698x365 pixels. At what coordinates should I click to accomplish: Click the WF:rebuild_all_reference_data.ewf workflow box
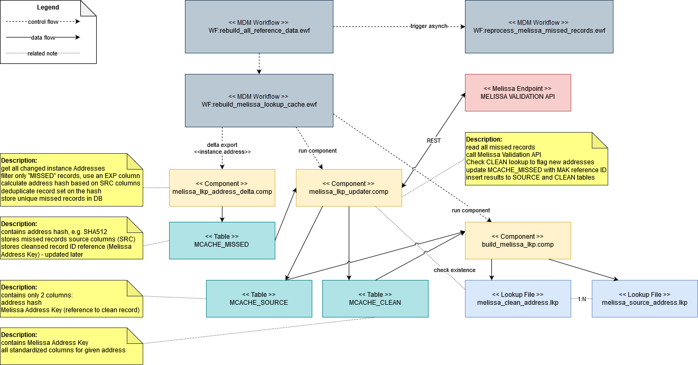pyautogui.click(x=259, y=26)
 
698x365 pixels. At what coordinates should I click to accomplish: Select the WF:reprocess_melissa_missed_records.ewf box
pyautogui.click(x=539, y=26)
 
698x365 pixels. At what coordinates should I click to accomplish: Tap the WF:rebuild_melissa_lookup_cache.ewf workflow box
pyautogui.click(x=259, y=100)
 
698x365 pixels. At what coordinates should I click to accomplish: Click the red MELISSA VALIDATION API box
pyautogui.click(x=518, y=92)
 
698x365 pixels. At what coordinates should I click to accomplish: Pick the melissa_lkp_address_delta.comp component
pyautogui.click(x=222, y=188)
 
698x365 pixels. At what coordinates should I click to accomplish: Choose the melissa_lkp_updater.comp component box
pyautogui.click(x=349, y=188)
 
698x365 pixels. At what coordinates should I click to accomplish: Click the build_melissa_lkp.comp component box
pyautogui.click(x=518, y=240)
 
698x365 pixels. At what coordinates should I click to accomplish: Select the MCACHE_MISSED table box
pyautogui.click(x=222, y=240)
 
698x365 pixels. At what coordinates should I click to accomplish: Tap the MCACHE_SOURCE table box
pyautogui.click(x=259, y=298)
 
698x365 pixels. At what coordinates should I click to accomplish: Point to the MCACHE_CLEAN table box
pyautogui.click(x=375, y=298)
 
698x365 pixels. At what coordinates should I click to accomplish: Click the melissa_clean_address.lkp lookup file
pyautogui.click(x=518, y=298)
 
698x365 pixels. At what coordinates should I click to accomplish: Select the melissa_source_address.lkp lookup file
pyautogui.click(x=645, y=298)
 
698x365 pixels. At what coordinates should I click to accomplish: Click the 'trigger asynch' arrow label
pyautogui.click(x=429, y=26)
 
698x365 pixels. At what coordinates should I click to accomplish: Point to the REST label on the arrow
pyautogui.click(x=434, y=141)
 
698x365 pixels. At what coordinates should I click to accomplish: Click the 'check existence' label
pyautogui.click(x=454, y=270)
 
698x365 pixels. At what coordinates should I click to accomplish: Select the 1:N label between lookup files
pyautogui.click(x=582, y=299)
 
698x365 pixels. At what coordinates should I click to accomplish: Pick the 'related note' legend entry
pyautogui.click(x=42, y=53)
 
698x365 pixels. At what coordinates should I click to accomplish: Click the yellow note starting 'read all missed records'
pyautogui.click(x=536, y=158)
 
